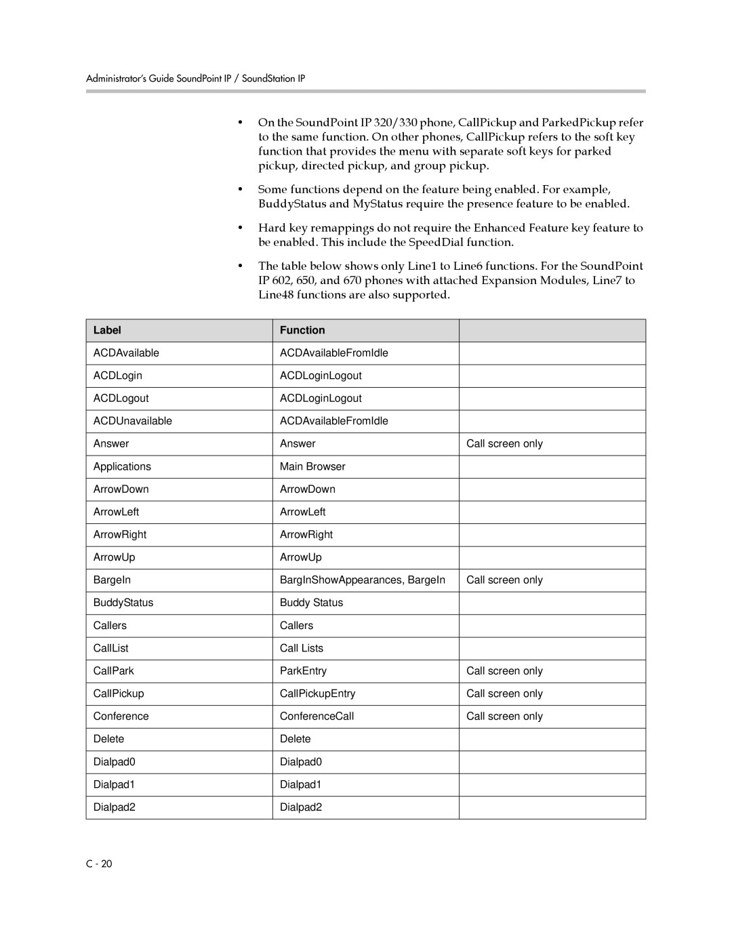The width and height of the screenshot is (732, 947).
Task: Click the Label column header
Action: click(x=107, y=330)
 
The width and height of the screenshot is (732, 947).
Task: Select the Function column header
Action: click(x=302, y=330)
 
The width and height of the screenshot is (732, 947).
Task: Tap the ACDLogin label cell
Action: click(x=118, y=376)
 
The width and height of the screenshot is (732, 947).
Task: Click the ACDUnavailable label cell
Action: click(x=133, y=421)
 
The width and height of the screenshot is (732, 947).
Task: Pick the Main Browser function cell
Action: click(x=312, y=466)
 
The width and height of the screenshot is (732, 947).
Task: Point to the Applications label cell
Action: click(x=122, y=466)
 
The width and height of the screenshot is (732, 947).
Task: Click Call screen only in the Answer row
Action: click(x=504, y=443)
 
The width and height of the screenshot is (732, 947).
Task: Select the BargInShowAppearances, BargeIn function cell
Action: click(x=363, y=580)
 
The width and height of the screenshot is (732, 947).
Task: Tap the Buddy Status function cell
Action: click(x=311, y=603)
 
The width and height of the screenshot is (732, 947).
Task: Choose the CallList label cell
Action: click(x=111, y=648)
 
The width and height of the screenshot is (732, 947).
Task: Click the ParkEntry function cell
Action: click(x=303, y=670)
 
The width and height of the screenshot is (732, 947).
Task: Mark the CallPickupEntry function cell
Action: click(x=317, y=693)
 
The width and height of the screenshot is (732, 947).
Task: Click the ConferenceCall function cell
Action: click(x=317, y=716)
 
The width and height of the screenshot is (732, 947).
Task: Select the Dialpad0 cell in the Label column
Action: click(x=115, y=761)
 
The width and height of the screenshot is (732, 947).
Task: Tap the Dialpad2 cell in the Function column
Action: click(x=301, y=807)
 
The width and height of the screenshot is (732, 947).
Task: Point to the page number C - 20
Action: click(x=99, y=864)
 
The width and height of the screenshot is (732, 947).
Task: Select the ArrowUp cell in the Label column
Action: click(x=115, y=557)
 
